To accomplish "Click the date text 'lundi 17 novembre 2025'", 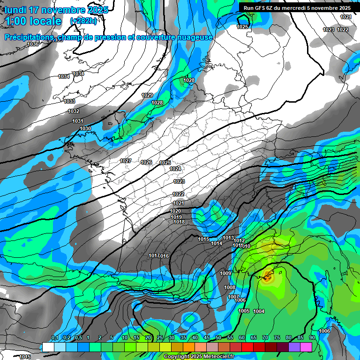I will pos(56,10).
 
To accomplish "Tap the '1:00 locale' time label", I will pos(33,21).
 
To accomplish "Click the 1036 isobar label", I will pos(33,44).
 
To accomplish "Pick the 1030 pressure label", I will pos(85,128).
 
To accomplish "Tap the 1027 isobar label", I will pos(126,161).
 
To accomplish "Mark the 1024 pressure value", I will pos(175,169).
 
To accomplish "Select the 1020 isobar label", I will pos(175,211).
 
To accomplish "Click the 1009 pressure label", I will pos(225,273).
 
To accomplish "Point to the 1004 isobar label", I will pos(259,311).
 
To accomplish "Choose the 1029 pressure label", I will pos(147,95).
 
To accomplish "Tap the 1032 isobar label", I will pos(74,111).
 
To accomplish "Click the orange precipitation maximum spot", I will pos(267,277).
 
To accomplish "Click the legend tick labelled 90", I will pos(312,338).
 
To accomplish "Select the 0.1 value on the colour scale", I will pos(55,338).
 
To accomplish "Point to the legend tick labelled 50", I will pos(218,338).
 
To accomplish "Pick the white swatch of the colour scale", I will pos(48,347).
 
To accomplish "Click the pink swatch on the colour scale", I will pos(306,347).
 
